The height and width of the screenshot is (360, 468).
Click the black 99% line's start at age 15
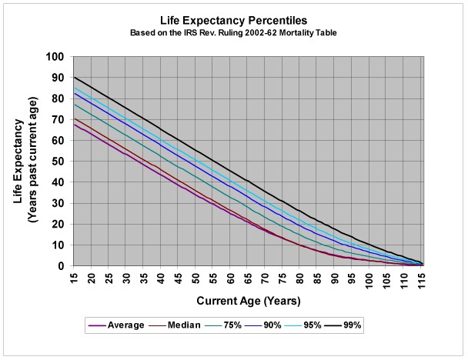[x=75, y=78]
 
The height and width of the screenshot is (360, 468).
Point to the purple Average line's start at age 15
[x=75, y=124]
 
